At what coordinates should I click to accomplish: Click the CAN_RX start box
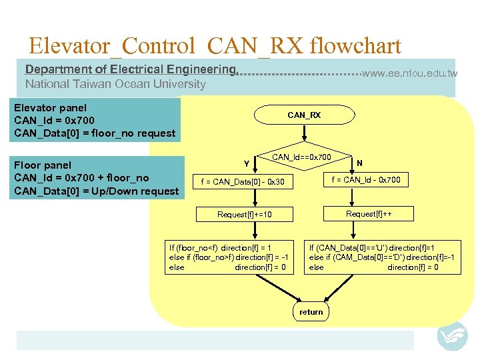[x=304, y=115]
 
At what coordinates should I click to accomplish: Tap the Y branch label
[x=247, y=163]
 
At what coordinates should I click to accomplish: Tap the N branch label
[x=359, y=163]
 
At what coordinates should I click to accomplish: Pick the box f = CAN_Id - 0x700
[x=366, y=180]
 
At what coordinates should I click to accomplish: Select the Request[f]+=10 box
[x=245, y=215]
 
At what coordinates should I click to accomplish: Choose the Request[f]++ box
[x=369, y=213]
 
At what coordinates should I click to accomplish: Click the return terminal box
[x=311, y=312]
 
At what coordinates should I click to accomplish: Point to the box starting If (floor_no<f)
[x=229, y=257]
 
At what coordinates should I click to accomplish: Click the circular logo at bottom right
[x=452, y=336]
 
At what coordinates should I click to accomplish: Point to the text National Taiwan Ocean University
[x=115, y=84]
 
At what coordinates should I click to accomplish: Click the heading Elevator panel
[x=51, y=107]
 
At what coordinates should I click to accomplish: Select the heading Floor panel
[x=43, y=165]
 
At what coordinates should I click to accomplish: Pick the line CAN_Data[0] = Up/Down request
[x=97, y=191]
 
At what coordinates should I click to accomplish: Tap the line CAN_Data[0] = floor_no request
[x=95, y=133]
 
